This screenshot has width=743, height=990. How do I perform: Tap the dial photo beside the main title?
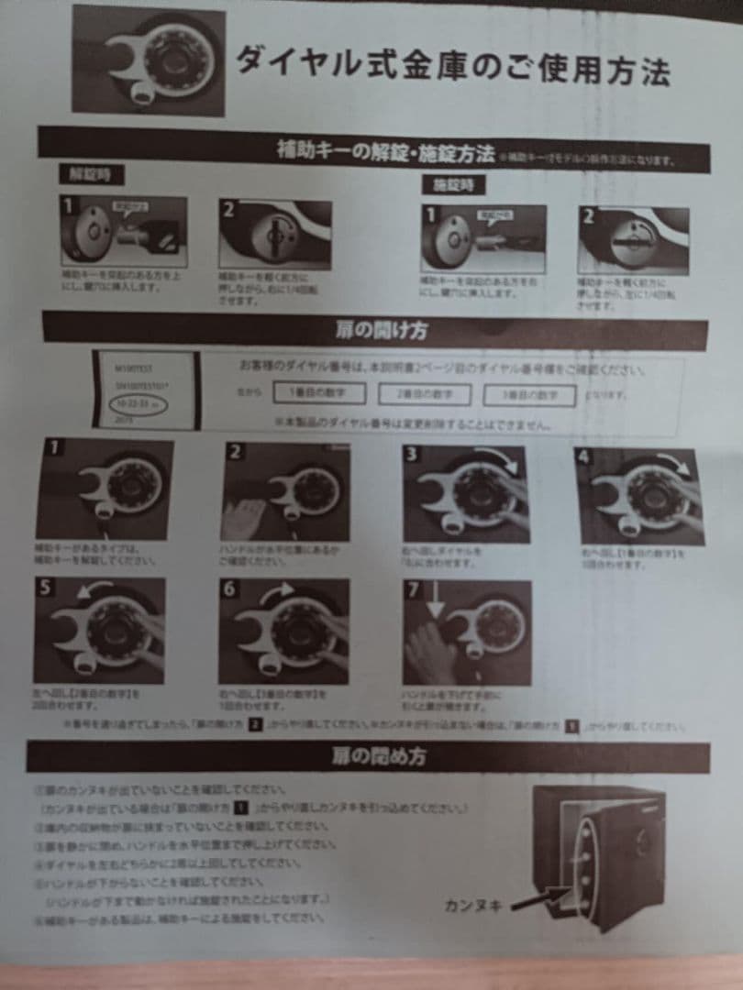149,61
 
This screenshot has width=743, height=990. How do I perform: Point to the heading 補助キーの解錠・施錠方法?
386,151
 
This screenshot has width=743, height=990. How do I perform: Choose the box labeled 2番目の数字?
424,394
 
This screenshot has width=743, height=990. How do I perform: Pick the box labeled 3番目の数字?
530,395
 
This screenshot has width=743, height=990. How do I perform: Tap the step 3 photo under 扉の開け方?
465,494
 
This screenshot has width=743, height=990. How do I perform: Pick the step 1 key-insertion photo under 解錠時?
124,231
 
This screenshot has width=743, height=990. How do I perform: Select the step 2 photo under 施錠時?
632,240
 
